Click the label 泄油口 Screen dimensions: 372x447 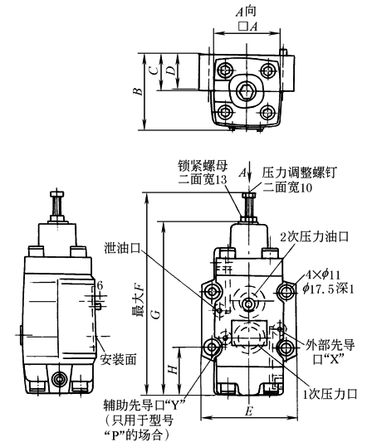pos(122,248)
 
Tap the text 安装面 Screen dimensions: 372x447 pos(118,359)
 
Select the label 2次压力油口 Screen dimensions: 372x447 pos(314,236)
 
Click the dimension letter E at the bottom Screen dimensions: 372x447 pos(248,411)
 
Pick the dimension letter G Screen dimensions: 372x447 pos(156,314)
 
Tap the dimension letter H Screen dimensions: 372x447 pos(173,370)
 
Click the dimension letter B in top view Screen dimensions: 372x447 pos(138,91)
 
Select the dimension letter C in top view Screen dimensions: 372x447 pos(154,70)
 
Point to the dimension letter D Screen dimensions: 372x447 pos(171,70)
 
